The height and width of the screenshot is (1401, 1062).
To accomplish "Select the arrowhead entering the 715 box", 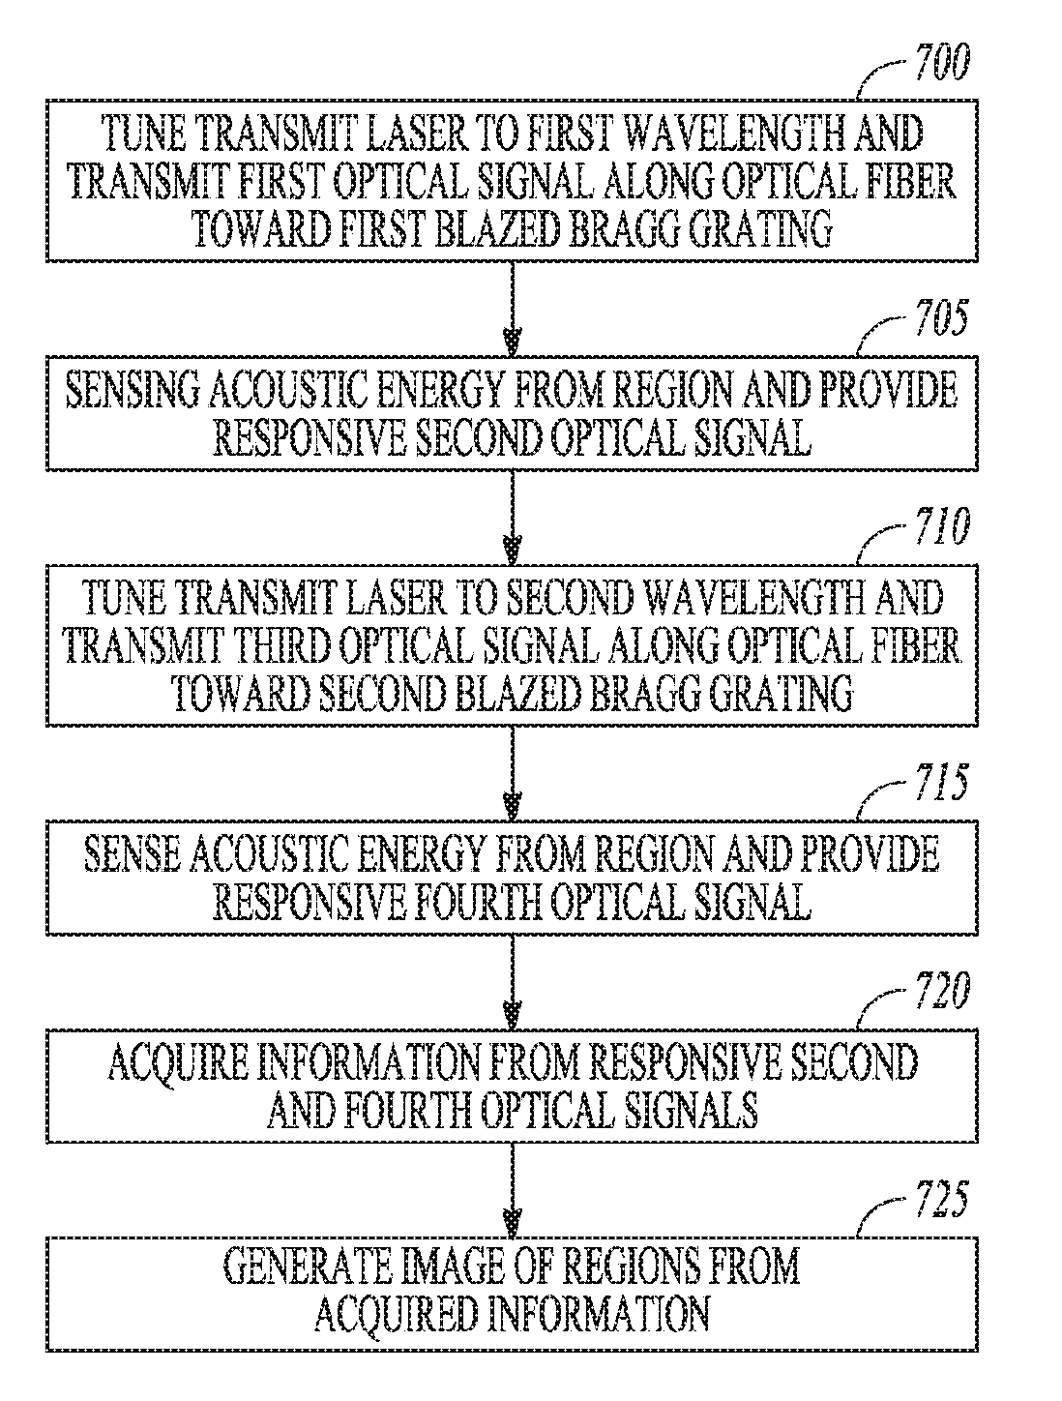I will [514, 806].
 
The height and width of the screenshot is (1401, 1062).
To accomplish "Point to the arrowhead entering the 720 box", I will [514, 1016].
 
